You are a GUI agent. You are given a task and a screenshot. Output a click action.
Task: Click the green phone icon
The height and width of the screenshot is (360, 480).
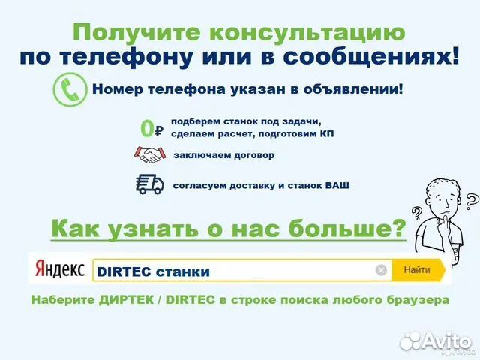70,89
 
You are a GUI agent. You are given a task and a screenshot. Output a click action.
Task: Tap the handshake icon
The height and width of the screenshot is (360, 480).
150,155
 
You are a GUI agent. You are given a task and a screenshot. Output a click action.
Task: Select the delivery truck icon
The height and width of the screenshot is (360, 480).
150,184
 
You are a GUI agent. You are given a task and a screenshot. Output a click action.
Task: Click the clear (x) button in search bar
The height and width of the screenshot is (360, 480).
381,270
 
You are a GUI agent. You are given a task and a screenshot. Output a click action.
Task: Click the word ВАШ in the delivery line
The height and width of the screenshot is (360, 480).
337,185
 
